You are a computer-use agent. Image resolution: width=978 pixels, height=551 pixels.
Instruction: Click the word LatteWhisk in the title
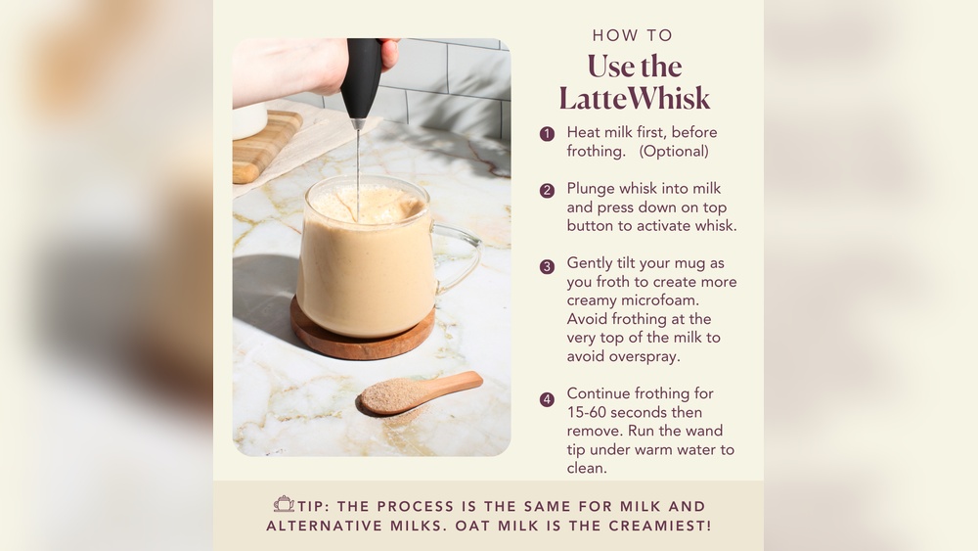[x=635, y=99]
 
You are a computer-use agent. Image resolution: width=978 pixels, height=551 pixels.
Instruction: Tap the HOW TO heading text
[x=633, y=36]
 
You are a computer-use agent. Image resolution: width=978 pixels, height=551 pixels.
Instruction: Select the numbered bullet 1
[x=547, y=134]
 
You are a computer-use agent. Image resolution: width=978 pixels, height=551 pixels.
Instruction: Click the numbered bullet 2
[x=547, y=190]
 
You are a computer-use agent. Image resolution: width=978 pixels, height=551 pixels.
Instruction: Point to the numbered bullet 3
[x=547, y=265]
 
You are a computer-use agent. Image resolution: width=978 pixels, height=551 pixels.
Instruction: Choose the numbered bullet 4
[x=547, y=399]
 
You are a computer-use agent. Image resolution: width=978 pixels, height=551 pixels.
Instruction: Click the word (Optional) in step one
[x=674, y=151]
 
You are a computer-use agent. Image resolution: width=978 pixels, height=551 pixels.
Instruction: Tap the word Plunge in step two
[x=594, y=188]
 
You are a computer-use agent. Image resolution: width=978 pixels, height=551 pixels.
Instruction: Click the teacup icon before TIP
[x=284, y=505]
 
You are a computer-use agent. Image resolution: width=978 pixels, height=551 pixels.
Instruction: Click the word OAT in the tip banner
[x=482, y=526]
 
